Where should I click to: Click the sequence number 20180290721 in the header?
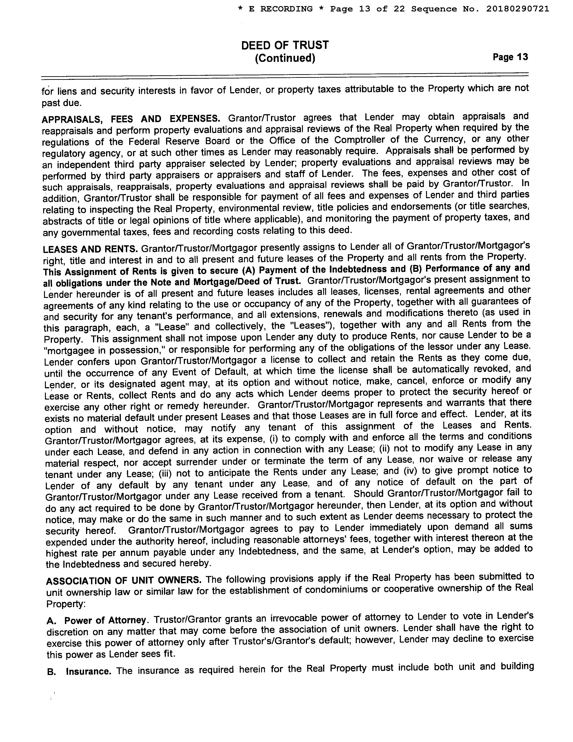517,9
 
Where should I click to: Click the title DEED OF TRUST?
285,45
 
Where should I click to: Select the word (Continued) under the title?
285,58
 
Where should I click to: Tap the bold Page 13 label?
510,57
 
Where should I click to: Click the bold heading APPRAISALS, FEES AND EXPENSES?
131,119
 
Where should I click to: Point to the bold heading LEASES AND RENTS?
90,249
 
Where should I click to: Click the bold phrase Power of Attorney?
105,620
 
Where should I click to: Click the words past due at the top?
61,103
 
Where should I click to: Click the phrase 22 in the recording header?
399,9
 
